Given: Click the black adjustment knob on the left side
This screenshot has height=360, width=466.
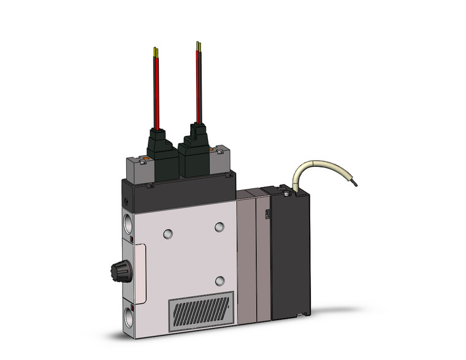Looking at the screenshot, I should tap(118, 269).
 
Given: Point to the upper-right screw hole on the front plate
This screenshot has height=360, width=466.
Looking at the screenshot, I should tap(219, 227).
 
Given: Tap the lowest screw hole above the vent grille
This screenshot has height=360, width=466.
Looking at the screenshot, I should tap(219, 281).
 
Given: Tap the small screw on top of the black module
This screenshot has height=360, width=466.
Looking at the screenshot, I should tap(286, 193).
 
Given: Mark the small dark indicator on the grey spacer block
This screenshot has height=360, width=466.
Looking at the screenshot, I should tap(267, 214).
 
